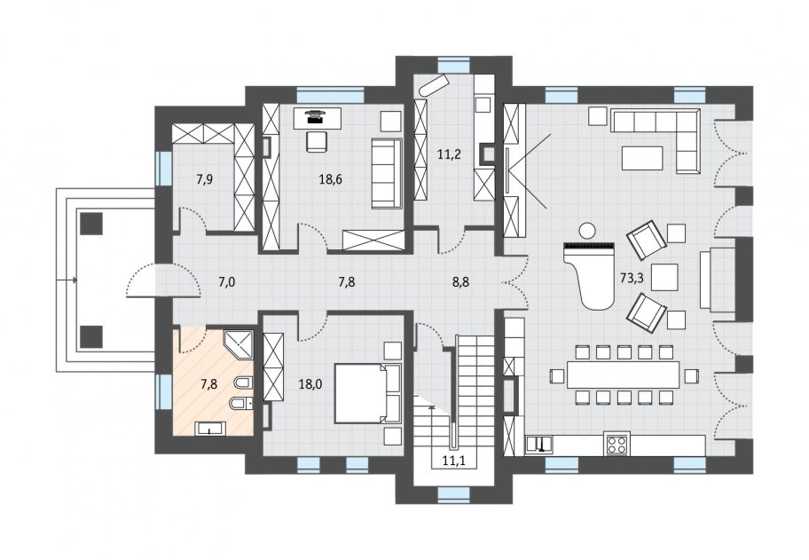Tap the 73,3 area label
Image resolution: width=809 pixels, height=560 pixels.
coord(632,279)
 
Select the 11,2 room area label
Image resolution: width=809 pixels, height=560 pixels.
coord(449,154)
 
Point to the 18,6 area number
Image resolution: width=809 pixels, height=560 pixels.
coord(331,179)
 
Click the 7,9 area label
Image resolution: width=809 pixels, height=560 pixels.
coord(204,179)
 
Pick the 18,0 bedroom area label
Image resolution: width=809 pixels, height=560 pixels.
coord(310,383)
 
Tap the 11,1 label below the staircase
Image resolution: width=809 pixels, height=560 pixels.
coord(454,461)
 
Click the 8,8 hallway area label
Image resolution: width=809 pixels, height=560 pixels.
coord(460,282)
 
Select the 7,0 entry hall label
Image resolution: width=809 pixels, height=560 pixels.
coord(226,282)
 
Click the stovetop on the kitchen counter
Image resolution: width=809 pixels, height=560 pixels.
coord(617,445)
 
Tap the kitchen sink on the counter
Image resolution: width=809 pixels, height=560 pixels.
coord(539,445)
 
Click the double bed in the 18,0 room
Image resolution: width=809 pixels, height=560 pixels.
coord(368,393)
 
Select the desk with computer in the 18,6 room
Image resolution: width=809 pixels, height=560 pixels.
coord(318,118)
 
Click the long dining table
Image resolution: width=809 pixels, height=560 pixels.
coord(624,375)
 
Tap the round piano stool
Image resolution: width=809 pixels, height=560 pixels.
coord(586,230)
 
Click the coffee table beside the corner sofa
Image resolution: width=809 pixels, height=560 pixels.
coord(642,158)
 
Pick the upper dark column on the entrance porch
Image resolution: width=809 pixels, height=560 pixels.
coord(91,224)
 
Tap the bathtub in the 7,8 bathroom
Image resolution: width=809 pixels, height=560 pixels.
coord(209,428)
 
